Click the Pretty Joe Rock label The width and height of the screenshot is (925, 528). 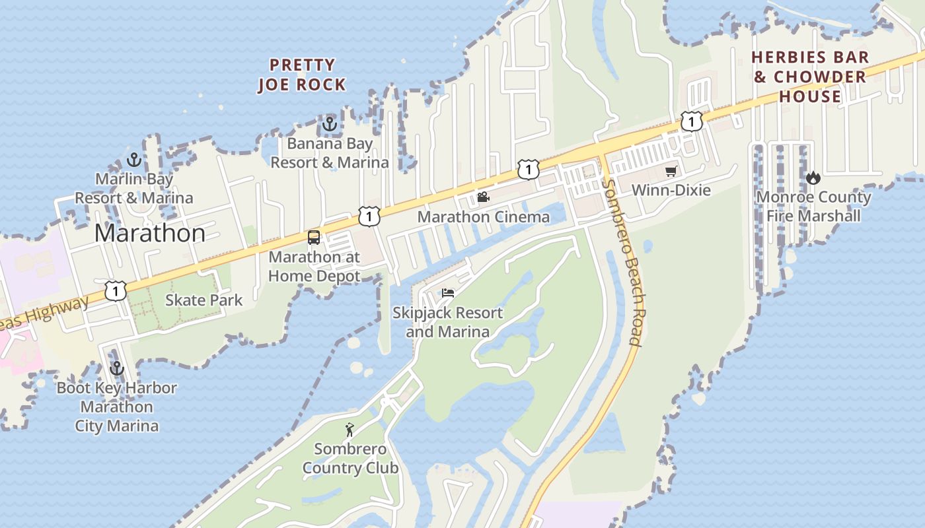tap(301, 75)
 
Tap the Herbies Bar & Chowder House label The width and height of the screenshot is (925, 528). tap(810, 77)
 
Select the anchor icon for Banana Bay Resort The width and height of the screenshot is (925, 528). tap(329, 123)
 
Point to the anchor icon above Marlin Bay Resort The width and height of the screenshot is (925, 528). tap(134, 159)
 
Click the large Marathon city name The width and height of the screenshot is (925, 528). tap(149, 233)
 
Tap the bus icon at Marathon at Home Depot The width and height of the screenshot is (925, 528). tap(314, 238)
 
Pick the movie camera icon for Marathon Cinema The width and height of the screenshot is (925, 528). tap(483, 197)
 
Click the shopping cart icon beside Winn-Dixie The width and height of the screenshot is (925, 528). tap(671, 171)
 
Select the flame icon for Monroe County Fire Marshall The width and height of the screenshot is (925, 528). tap(813, 178)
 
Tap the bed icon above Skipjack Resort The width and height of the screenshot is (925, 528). tap(448, 293)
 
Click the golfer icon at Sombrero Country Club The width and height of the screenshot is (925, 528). tap(350, 430)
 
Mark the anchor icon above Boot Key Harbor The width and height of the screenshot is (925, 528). tap(117, 368)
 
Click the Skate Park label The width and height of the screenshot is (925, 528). tap(203, 300)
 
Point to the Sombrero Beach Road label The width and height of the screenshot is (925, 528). tap(623, 263)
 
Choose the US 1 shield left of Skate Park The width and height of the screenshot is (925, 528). tap(116, 290)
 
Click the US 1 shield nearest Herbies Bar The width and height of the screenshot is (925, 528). tap(691, 121)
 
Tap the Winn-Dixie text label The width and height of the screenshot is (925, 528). tap(671, 190)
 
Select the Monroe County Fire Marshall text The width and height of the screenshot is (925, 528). tap(813, 207)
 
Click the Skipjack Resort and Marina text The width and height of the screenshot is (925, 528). tap(447, 322)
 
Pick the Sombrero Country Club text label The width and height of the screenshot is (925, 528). tap(350, 459)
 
